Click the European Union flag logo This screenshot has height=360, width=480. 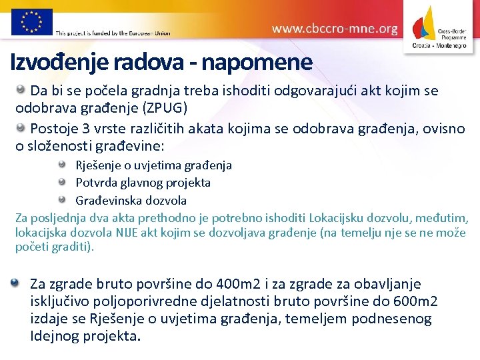tap(31, 21)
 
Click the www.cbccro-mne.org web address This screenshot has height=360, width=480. tap(335, 29)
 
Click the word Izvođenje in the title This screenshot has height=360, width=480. tap(60, 63)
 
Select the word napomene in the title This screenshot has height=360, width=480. tap(256, 63)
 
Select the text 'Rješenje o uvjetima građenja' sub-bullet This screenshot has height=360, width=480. tap(153, 165)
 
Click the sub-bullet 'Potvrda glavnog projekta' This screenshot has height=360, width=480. tap(143, 182)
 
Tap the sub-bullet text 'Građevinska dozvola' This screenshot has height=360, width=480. tap(131, 200)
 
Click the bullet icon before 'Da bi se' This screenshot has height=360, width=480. tap(21, 89)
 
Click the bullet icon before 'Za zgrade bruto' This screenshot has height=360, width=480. tap(15, 283)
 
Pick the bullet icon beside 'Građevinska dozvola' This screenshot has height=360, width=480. tap(62, 199)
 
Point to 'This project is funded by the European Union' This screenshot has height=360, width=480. tap(113, 33)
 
